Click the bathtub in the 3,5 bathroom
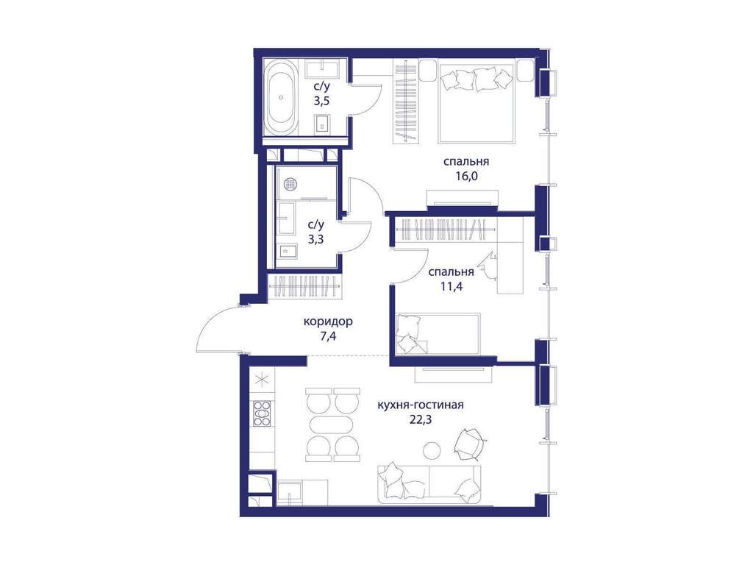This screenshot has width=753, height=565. click(x=281, y=97)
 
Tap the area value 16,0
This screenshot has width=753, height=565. click(x=467, y=176)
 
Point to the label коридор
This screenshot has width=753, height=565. click(x=328, y=321)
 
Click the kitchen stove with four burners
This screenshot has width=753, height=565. click(x=262, y=413)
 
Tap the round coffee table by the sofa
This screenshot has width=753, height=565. click(x=432, y=450)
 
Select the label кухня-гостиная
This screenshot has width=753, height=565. click(x=421, y=405)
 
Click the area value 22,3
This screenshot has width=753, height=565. click(x=421, y=419)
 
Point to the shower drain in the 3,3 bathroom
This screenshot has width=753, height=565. click(x=290, y=182)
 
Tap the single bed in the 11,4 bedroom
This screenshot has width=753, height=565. click(x=438, y=335)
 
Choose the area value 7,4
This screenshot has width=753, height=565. click(x=328, y=336)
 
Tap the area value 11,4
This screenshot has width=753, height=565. click(x=451, y=287)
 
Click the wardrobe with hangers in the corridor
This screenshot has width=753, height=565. click(x=305, y=286)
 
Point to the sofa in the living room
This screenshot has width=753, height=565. click(x=429, y=483)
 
